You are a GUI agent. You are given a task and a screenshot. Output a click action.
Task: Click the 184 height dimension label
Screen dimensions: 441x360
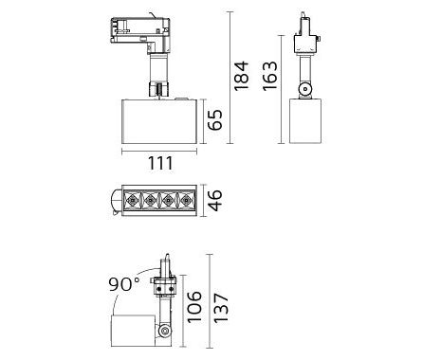(241, 76)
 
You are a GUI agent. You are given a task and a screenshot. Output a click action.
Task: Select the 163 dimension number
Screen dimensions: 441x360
(270, 76)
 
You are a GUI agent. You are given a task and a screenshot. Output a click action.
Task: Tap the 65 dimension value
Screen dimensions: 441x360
(215, 120)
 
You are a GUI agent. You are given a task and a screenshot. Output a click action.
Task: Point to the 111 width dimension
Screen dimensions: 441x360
(160, 163)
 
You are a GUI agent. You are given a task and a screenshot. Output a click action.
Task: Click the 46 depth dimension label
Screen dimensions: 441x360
(215, 200)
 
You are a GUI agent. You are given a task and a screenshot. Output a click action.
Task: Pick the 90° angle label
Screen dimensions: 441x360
(124, 284)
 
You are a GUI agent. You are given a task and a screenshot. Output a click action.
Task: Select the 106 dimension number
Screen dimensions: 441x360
(193, 307)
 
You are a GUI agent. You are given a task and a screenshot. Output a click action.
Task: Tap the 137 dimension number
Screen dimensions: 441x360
(221, 308)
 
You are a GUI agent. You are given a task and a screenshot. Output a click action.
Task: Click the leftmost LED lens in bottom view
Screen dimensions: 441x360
(132, 200)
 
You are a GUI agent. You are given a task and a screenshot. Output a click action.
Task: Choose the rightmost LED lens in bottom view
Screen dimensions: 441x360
(187, 200)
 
